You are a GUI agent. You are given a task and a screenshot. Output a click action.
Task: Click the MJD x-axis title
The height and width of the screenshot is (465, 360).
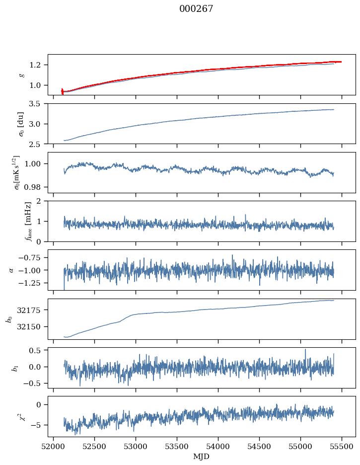202,457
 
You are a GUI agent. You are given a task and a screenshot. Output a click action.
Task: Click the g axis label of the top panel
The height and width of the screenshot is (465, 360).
21,75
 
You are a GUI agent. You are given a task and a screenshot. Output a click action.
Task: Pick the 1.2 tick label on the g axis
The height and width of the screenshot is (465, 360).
38,65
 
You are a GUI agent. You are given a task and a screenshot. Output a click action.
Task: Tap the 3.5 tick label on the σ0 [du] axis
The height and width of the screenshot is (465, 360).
38,104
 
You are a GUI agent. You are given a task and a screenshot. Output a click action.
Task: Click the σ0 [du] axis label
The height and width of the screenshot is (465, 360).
21,123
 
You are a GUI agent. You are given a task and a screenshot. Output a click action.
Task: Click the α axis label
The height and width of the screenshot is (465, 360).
11,270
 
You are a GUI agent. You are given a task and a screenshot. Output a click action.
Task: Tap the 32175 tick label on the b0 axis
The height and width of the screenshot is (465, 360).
33,310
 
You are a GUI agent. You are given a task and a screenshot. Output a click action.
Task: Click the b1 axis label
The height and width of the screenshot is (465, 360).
16,368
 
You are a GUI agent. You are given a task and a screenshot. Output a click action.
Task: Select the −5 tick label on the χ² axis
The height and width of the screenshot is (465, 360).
38,425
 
